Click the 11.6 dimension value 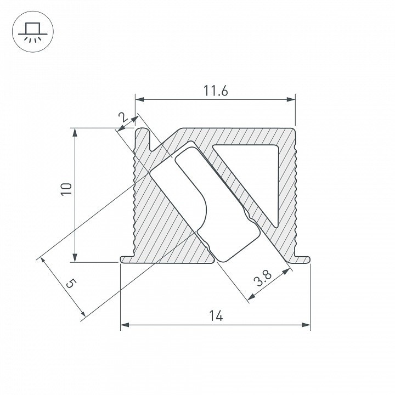click(x=215, y=92)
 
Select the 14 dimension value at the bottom click(x=215, y=316)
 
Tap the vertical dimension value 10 click(x=66, y=189)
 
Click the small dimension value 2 click(x=123, y=117)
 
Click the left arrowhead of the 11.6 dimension click(x=139, y=100)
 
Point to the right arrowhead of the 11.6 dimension click(x=291, y=100)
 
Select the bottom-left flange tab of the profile click(x=126, y=259)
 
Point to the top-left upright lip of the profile click(x=144, y=137)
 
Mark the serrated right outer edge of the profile click(x=295, y=192)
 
